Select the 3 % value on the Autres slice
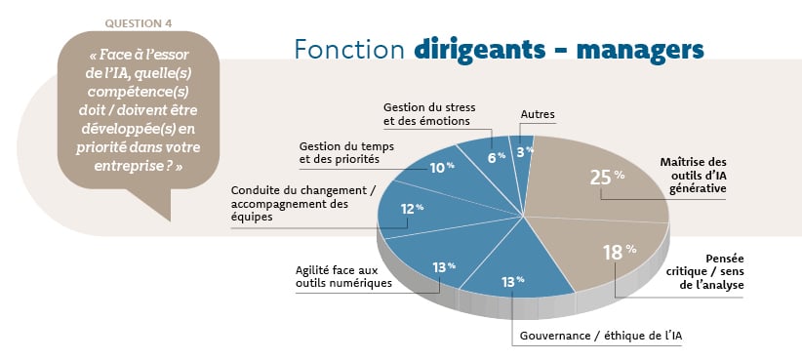click(526, 151)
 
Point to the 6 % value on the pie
click(497, 155)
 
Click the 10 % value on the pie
click(443, 168)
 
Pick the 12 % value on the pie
click(413, 208)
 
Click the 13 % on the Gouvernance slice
click(512, 282)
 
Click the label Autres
click(538, 115)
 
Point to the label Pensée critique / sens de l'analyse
click(711, 271)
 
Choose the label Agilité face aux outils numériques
click(343, 276)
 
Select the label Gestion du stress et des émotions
click(425, 114)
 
